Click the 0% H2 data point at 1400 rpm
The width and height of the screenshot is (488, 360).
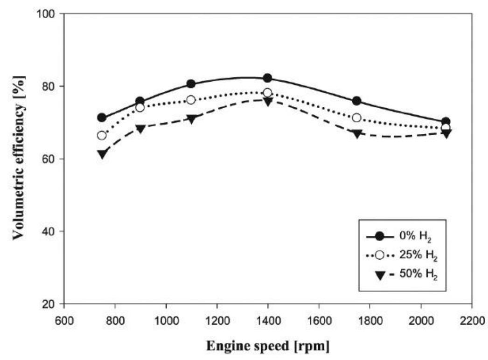coord(267,78)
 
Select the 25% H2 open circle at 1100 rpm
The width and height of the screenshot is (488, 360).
coord(191,100)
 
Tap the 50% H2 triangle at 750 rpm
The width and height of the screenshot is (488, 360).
coord(102,154)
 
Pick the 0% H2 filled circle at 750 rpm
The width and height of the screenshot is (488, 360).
coord(102,118)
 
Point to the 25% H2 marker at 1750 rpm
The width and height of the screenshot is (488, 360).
coord(356,118)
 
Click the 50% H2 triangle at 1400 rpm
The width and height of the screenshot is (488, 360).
coord(268,102)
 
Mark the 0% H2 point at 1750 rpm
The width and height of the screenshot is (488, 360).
coord(356,101)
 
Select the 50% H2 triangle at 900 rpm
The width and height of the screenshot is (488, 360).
coord(140,129)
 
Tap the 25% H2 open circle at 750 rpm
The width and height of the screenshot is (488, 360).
coord(102,135)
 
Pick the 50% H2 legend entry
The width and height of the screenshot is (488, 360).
coord(406,275)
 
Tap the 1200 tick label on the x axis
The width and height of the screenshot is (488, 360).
coord(216,320)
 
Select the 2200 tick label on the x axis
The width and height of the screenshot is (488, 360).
coord(472,320)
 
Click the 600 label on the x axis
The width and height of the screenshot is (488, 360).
coord(64,320)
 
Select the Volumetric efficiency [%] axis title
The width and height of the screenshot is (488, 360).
coord(19,159)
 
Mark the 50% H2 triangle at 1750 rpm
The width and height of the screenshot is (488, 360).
coord(357,134)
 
